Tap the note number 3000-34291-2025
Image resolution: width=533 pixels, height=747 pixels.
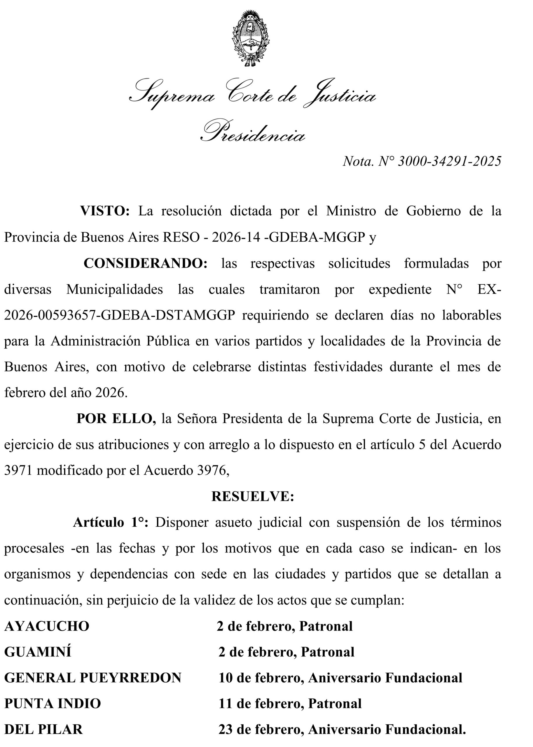coord(449,161)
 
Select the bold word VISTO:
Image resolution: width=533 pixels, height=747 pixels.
coord(105,211)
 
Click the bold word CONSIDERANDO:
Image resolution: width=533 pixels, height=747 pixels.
coord(145,263)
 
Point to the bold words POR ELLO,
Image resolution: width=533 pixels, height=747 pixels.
coord(116,418)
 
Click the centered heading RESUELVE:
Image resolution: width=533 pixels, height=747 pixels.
coord(252,496)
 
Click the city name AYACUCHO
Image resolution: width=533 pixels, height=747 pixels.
coord(47,626)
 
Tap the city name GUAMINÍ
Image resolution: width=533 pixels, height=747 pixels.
coord(38,652)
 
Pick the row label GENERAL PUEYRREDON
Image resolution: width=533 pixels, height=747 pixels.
coord(92,678)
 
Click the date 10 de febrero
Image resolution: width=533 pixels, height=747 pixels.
coord(261,678)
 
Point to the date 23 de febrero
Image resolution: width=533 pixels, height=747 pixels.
coord(261,729)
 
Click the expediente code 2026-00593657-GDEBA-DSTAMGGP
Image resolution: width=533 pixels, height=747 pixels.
coord(120,315)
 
